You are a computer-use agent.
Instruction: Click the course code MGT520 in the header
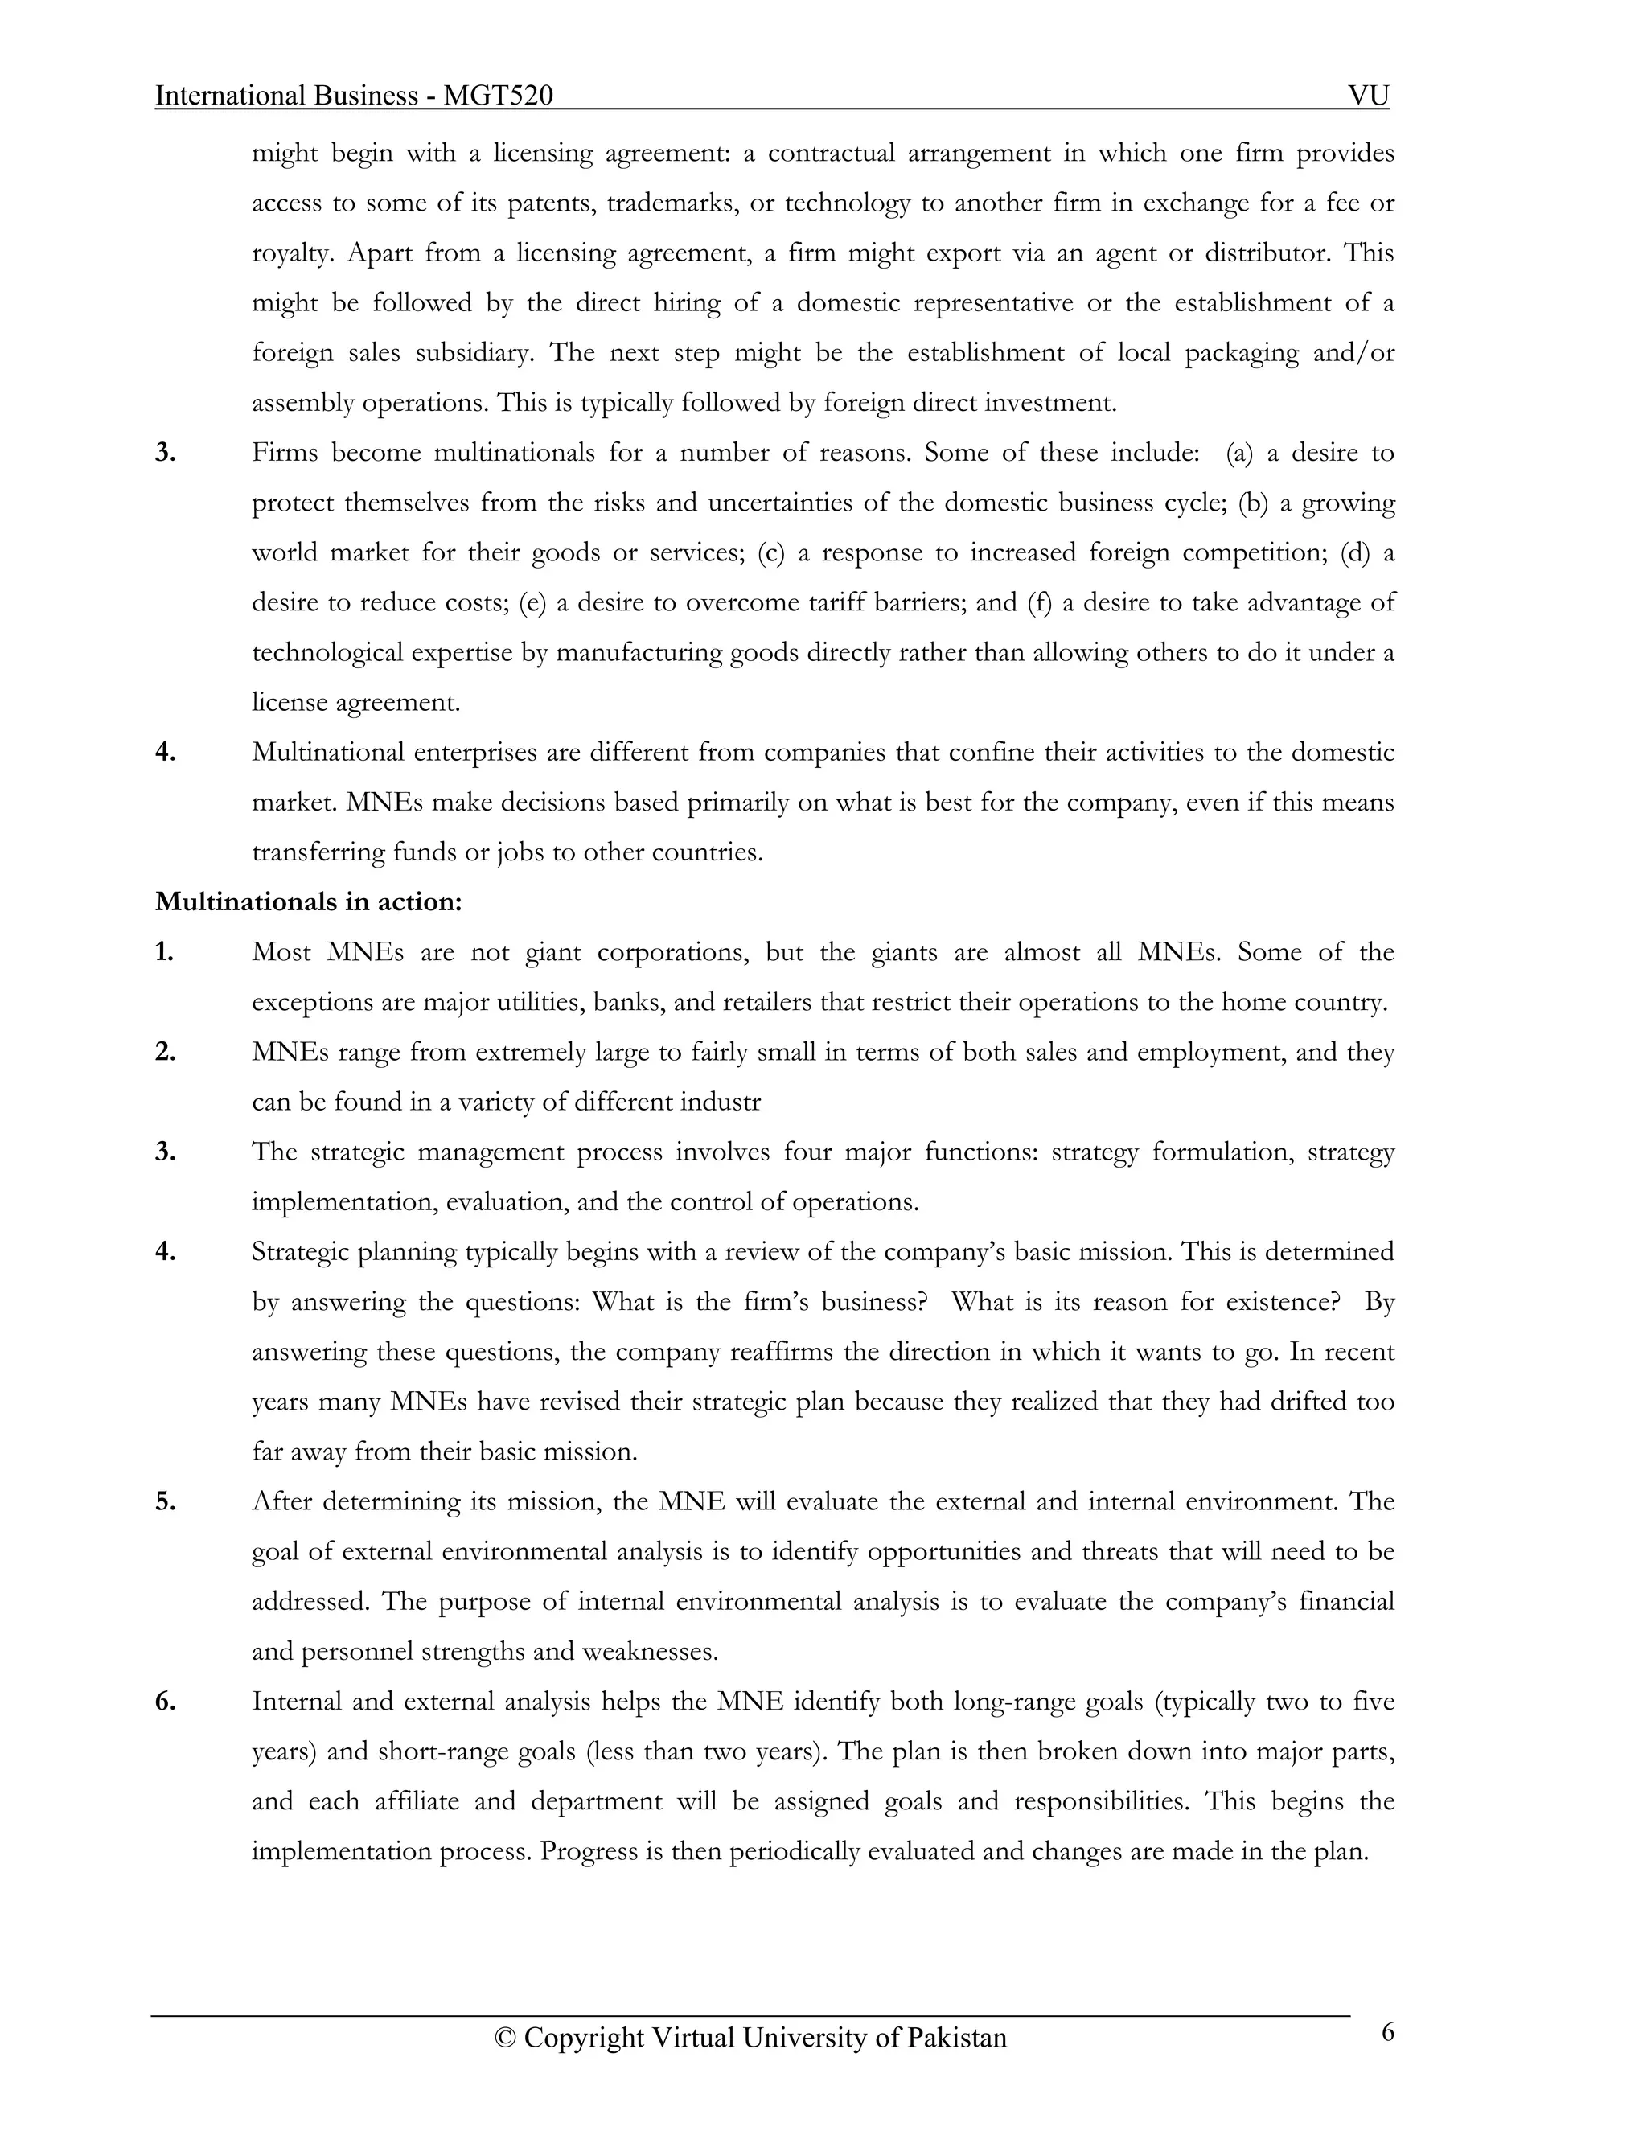coord(498,95)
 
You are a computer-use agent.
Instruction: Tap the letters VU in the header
coord(1368,95)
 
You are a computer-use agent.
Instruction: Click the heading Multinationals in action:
coord(308,901)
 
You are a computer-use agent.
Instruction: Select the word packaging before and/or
coord(1241,352)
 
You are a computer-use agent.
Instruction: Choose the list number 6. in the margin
coord(165,1702)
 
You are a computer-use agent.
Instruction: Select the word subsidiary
coord(474,352)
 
